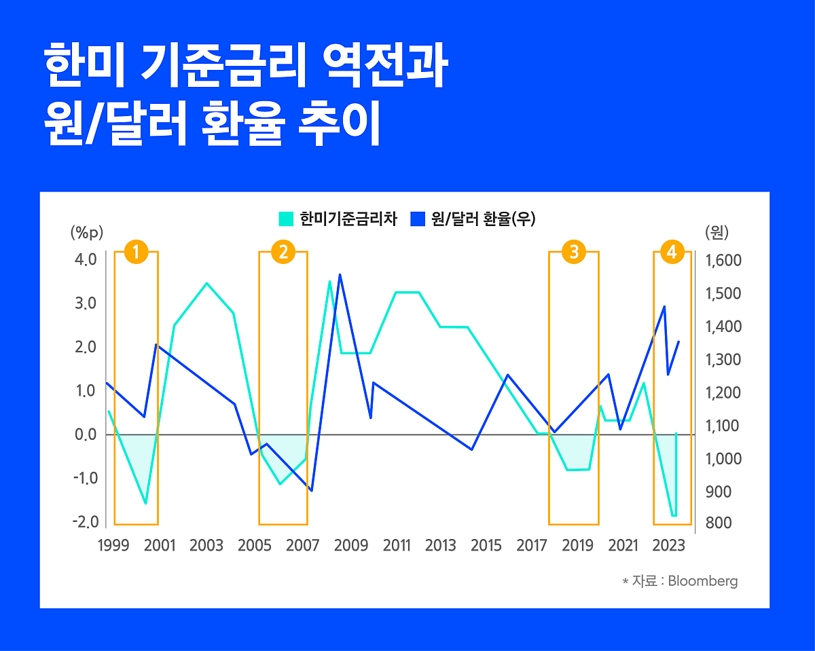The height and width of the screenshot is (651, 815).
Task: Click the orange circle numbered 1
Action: tap(136, 253)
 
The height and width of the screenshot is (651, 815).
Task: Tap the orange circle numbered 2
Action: tap(283, 253)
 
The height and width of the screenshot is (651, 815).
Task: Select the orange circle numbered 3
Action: tap(574, 253)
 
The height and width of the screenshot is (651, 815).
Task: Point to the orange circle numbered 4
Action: tap(672, 253)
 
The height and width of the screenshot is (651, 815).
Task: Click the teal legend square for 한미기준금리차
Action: tap(286, 219)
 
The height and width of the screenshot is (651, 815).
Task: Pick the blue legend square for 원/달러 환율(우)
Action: tap(418, 219)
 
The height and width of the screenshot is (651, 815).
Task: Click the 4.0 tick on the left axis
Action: tap(86, 260)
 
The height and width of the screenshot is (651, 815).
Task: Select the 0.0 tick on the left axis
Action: tap(86, 434)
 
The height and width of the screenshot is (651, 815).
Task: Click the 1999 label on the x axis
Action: tap(113, 546)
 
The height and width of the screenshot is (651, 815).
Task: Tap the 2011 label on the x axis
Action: tap(397, 546)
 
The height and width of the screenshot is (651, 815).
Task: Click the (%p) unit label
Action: tap(86, 233)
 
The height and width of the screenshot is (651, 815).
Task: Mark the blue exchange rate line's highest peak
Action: tap(340, 275)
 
